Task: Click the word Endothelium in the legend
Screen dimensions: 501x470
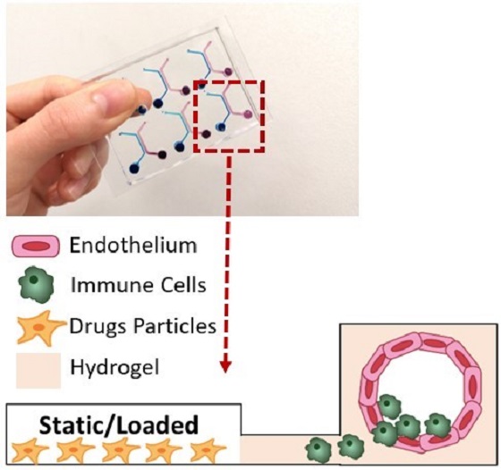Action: tap(133, 246)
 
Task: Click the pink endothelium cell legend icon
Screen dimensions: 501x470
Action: tap(36, 246)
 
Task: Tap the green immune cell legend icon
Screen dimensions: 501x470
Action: tap(36, 285)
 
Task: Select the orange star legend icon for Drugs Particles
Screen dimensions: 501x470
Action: tap(39, 328)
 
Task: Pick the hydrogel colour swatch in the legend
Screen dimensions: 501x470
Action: tap(38, 370)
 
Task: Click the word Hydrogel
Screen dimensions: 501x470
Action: tap(115, 368)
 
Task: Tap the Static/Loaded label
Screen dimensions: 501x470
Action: tap(119, 425)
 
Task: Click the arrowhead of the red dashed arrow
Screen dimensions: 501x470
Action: tap(226, 367)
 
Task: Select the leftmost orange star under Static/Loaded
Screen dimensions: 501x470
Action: tap(28, 450)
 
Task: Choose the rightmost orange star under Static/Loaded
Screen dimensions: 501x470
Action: tap(208, 450)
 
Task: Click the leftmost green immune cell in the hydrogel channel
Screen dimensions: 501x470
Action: tap(318, 449)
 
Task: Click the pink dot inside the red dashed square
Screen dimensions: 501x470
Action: tap(248, 113)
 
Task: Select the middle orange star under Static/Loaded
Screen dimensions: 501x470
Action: tap(119, 450)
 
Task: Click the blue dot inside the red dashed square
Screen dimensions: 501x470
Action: tap(220, 127)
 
